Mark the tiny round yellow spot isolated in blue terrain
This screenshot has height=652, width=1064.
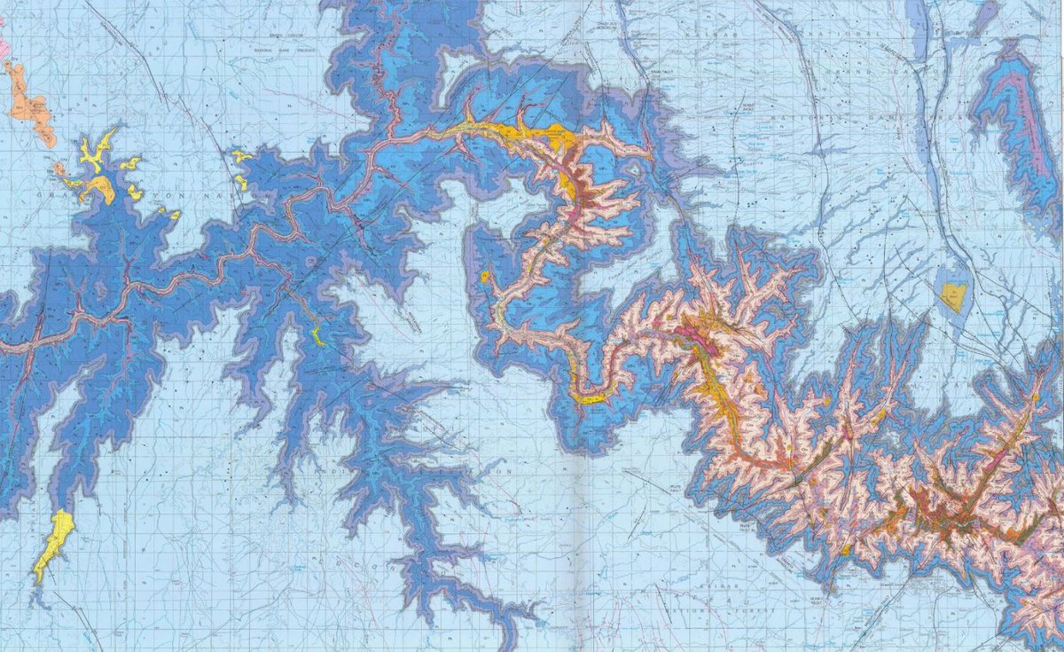485,278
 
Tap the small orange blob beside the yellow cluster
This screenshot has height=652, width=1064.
60,168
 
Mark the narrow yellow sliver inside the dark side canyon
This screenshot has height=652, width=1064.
317,335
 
